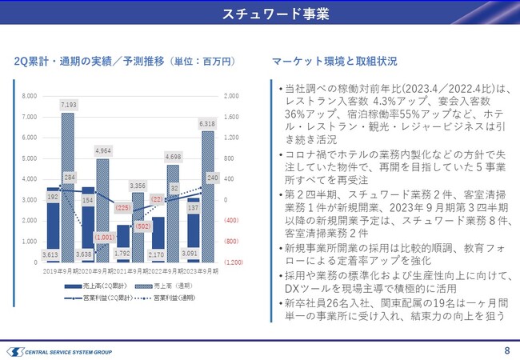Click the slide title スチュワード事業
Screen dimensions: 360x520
[260, 15]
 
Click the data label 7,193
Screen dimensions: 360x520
[69, 105]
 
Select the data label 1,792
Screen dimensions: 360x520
[123, 254]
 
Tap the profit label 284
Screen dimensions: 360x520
[70, 177]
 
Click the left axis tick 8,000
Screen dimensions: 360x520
[28, 96]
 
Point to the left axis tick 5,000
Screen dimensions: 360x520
[28, 158]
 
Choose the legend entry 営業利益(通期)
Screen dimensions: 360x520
[170, 298]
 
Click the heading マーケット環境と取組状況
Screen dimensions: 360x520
[334, 61]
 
